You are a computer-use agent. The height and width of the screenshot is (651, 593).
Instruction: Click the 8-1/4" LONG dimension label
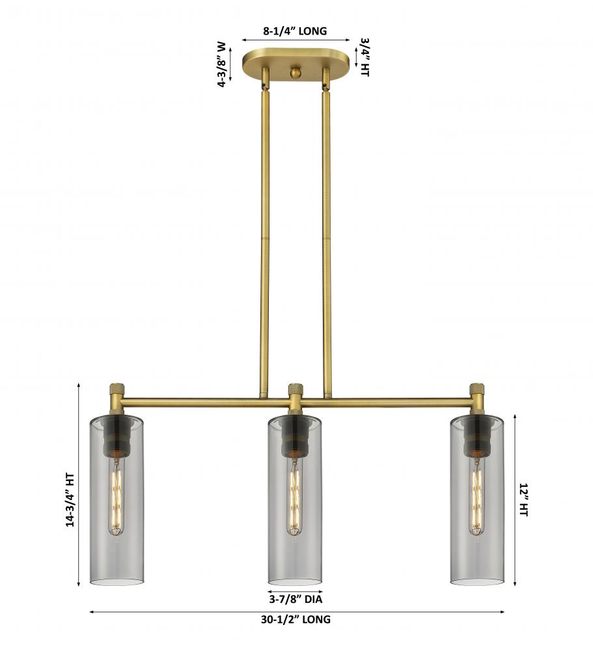click(x=294, y=31)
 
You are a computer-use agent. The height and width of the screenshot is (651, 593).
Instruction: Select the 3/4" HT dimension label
click(x=365, y=57)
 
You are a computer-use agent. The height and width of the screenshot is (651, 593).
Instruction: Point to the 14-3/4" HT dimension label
click(x=70, y=500)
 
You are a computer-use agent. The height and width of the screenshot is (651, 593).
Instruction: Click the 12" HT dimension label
click(x=523, y=500)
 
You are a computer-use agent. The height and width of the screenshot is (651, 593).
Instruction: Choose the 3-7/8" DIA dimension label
click(x=296, y=599)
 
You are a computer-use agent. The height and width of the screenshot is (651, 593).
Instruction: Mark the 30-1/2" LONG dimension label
click(x=296, y=620)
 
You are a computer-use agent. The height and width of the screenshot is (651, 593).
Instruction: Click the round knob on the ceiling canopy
click(x=296, y=73)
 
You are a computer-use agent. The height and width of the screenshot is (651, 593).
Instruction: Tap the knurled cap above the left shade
click(x=116, y=390)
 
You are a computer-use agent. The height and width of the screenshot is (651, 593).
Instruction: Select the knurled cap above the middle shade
click(x=296, y=390)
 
